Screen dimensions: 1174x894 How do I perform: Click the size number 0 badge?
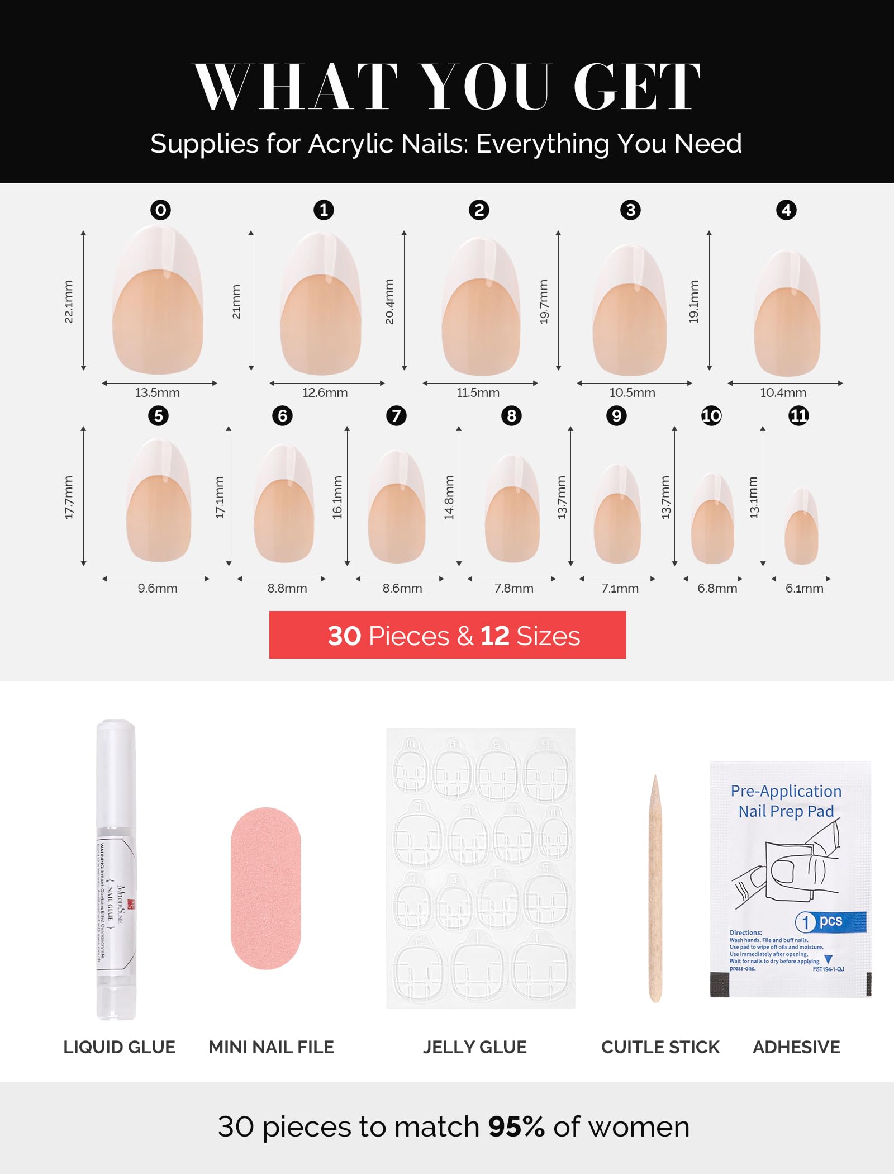pos(160,210)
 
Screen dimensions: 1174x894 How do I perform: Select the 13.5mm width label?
pos(158,392)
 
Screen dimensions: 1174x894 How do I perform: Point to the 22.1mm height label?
pos(68,301)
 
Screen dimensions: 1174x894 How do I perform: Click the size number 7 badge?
pos(396,416)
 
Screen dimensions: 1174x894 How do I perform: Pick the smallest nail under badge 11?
pos(801,528)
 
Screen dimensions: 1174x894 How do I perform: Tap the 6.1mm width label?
pos(804,588)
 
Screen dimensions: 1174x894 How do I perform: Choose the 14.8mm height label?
pos(449,497)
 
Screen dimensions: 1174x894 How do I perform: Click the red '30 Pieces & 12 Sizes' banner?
pos(447,635)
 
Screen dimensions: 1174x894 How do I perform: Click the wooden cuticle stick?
pos(655,889)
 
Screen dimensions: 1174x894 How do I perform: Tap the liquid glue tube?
pos(116,869)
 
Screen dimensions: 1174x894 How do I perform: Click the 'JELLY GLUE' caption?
pos(474,1047)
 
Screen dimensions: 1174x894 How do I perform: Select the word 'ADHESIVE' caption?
pos(796,1047)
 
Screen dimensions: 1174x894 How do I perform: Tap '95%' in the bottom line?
pos(516,1126)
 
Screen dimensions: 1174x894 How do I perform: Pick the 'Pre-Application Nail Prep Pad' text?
pos(786,801)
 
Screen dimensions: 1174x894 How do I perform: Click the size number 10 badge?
pos(711,416)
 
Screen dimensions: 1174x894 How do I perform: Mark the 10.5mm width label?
pos(632,392)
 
